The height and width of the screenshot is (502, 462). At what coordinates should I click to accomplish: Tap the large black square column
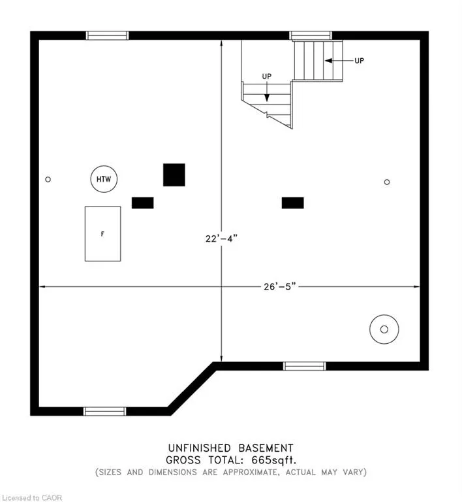(x=174, y=175)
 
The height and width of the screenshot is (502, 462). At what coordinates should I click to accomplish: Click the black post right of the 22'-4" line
(x=292, y=203)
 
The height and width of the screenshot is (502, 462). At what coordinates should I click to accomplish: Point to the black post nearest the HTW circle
(x=143, y=203)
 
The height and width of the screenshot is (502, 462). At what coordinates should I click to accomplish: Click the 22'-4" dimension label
(x=221, y=239)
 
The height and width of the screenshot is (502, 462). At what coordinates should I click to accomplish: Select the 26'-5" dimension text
(x=280, y=286)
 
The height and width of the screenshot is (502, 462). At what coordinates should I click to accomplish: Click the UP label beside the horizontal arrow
(x=360, y=61)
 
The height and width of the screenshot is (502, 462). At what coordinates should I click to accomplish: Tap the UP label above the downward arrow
(x=267, y=76)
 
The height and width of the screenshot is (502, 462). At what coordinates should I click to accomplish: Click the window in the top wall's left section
(x=108, y=35)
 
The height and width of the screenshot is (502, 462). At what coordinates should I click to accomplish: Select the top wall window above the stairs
(x=311, y=35)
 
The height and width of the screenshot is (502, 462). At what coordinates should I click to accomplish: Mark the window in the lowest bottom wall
(x=105, y=411)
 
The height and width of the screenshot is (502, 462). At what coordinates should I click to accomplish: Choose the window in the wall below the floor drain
(x=305, y=366)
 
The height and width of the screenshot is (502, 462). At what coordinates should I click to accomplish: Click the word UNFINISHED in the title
(x=200, y=448)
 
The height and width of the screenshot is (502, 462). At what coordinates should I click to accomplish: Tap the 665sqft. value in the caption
(x=274, y=460)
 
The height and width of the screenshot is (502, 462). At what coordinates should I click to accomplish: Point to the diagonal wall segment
(x=192, y=389)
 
